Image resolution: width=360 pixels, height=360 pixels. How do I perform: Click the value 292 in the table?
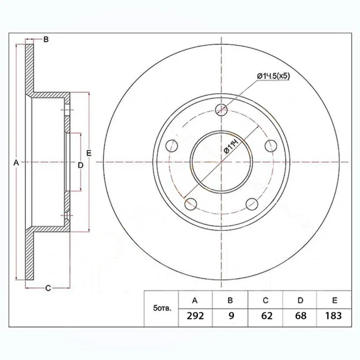[195, 316]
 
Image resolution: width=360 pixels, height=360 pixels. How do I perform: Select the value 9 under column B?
[231, 316]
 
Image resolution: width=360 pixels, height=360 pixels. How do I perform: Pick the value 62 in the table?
[267, 316]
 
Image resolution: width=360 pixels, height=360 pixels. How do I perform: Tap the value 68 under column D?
[300, 316]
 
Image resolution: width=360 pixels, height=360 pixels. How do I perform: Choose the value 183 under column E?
[334, 316]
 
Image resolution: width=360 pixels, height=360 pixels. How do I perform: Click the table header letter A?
[195, 300]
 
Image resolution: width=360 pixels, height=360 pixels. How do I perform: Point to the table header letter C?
[265, 300]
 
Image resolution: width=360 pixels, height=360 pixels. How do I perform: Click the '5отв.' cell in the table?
[162, 308]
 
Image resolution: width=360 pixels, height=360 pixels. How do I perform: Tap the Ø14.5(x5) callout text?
[273, 76]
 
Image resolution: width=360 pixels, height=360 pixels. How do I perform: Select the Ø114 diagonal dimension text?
[231, 146]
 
